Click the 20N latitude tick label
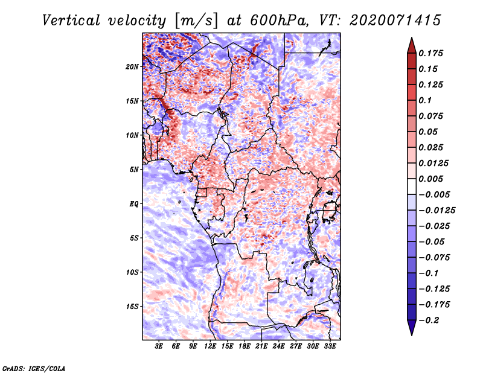point(132,67)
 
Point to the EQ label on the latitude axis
point(134,204)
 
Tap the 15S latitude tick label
point(132,307)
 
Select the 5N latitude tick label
point(134,170)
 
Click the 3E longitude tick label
point(159,346)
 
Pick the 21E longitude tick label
point(261,346)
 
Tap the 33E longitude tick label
point(330,346)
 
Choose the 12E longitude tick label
point(210,346)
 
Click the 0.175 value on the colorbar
point(430,53)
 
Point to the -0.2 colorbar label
point(429,320)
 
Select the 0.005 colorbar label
point(430,179)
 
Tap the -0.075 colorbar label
point(434,258)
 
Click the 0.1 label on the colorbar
point(425,100)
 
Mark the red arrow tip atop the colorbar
point(412,37)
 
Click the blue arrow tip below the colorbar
point(412,335)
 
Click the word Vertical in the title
point(71,21)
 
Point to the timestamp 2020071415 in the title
point(395,21)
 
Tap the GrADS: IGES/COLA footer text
point(34,368)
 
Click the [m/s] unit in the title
point(196,21)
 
